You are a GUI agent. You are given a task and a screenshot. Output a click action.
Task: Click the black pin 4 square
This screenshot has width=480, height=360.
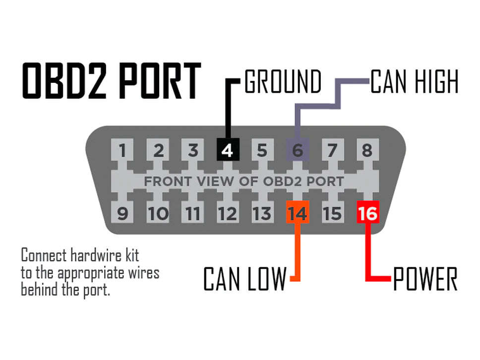coord(228,150)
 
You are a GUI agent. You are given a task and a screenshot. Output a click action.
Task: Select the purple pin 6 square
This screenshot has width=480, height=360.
coord(298,150)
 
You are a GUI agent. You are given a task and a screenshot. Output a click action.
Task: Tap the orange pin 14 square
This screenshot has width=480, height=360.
coord(298,213)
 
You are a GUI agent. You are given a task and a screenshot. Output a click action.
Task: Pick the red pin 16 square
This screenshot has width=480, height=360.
coord(367,213)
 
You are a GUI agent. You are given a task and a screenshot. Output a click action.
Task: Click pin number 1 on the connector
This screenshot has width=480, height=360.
coord(122,150)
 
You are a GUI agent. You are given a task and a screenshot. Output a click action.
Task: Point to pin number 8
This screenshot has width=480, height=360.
coord(367,150)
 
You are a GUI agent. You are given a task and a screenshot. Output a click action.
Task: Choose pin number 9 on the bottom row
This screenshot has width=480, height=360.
coord(122,213)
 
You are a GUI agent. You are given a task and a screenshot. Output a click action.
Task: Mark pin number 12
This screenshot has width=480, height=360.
coord(228,213)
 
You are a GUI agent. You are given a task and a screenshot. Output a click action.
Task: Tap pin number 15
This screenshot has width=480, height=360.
coord(332,213)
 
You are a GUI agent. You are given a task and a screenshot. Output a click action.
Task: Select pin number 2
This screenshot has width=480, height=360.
coord(158,150)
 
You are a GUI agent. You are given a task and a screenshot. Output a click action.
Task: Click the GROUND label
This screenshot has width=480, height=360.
coord(283,82)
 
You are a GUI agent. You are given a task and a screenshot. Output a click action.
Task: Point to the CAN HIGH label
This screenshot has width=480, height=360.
coord(415,82)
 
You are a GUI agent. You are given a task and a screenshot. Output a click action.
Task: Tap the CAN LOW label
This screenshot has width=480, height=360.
coord(244,279)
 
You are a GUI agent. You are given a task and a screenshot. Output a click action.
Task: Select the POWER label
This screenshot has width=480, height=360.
coord(425,279)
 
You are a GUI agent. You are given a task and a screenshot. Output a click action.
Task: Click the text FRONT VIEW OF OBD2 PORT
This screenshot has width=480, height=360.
coord(243,181)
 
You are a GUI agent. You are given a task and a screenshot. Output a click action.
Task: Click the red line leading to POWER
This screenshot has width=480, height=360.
coord(367,253)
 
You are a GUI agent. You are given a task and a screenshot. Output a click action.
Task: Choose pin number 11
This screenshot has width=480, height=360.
coord(192,213)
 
